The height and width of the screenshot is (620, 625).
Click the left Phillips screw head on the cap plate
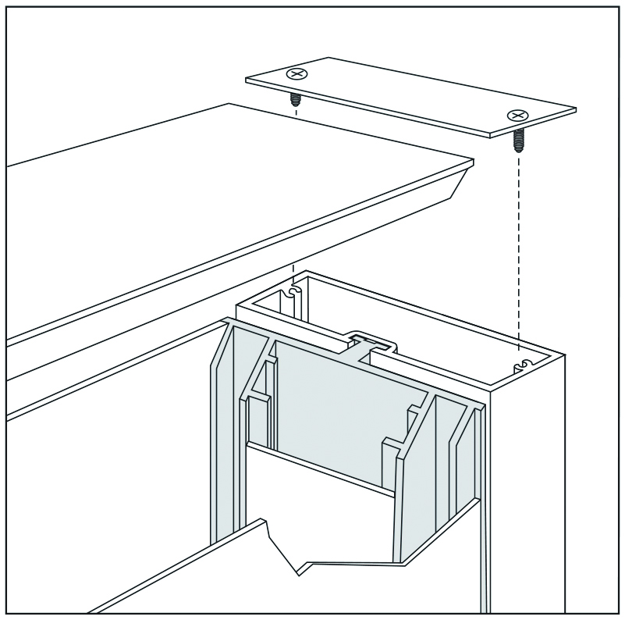click(x=295, y=75)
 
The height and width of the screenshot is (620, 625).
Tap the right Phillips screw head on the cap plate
click(x=517, y=116)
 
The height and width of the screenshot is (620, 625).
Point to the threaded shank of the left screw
click(x=296, y=100)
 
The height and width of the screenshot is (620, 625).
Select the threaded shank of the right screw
click(x=517, y=141)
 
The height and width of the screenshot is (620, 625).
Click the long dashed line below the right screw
click(x=517, y=250)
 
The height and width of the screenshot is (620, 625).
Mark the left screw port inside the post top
click(x=293, y=292)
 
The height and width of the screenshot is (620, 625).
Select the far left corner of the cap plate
click(x=248, y=80)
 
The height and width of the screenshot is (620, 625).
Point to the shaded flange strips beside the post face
click(x=465, y=469)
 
